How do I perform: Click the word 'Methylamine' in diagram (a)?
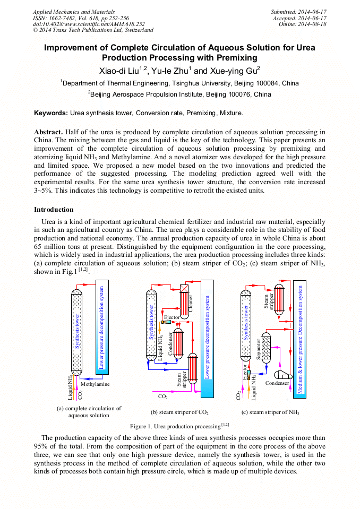point(96,384)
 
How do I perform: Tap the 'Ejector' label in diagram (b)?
point(172,317)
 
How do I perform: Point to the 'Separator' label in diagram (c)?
point(259,349)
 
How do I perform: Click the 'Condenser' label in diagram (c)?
point(277,383)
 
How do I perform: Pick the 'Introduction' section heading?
point(54,210)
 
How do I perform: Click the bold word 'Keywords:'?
point(51,113)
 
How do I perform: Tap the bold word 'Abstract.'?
point(49,132)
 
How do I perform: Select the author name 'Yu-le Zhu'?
point(169,71)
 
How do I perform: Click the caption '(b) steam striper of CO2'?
point(179,412)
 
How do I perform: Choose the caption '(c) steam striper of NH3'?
point(270,412)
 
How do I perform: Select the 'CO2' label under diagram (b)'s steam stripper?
point(163,396)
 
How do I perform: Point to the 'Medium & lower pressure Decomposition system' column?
point(300,340)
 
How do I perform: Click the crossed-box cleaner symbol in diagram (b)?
point(185,288)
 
